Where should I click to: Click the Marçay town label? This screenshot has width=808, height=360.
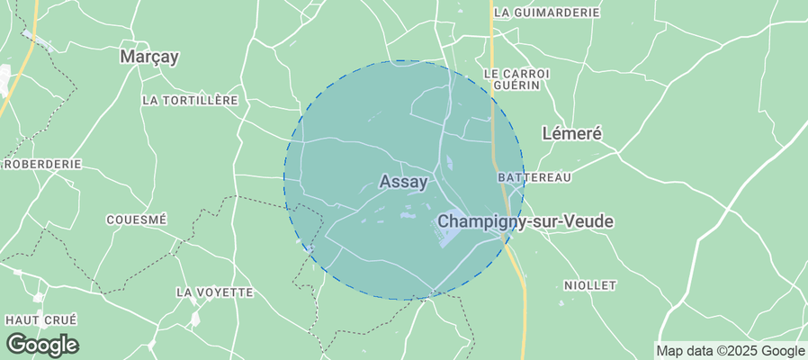[149, 57]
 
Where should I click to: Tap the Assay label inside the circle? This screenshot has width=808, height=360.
[403, 181]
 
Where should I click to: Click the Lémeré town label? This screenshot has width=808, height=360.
[571, 132]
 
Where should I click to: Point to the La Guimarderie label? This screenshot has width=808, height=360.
[547, 13]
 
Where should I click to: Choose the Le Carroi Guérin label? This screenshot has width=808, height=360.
[515, 78]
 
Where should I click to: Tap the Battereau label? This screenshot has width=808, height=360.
[534, 177]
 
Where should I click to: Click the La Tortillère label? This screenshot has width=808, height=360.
[189, 100]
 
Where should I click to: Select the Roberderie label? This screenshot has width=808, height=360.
[43, 165]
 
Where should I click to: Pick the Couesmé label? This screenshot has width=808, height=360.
[137, 220]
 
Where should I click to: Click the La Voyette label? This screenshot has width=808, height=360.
[214, 292]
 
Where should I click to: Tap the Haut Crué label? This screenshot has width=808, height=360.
[40, 319]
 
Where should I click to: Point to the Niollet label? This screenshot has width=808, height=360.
[590, 285]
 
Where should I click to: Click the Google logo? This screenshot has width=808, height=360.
[42, 344]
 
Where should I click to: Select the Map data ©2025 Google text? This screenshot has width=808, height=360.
[730, 351]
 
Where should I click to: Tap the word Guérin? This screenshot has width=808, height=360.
[516, 85]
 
